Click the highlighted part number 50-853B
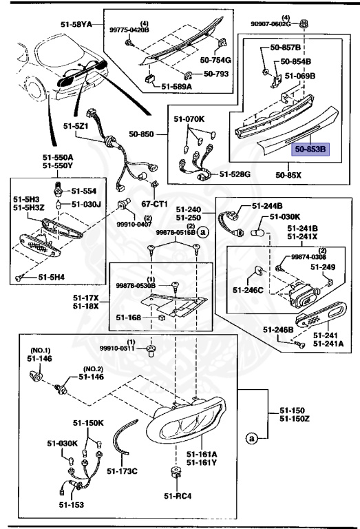click(x=311, y=148)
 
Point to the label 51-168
click(x=128, y=318)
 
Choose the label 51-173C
click(x=123, y=471)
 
